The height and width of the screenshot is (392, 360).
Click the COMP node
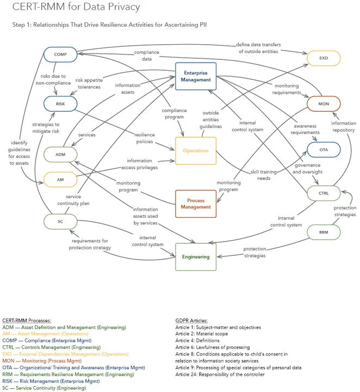(x=60, y=54)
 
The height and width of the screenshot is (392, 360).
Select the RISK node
(x=60, y=104)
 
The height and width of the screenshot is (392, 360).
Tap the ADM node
(x=60, y=155)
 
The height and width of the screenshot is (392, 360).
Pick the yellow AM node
(x=60, y=179)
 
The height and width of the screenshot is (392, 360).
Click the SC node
(x=60, y=221)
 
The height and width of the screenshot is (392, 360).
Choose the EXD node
(x=324, y=58)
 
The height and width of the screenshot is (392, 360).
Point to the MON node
(x=324, y=103)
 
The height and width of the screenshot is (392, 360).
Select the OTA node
(x=324, y=150)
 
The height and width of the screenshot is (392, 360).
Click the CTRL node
(x=324, y=193)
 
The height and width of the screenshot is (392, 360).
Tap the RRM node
(x=324, y=232)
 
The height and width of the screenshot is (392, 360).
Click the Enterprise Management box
(x=196, y=76)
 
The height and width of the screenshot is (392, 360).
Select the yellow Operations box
(x=196, y=151)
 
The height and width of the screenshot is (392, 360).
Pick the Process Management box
(x=196, y=204)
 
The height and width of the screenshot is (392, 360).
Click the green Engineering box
(x=196, y=256)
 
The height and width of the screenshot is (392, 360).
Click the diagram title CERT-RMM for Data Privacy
(x=76, y=7)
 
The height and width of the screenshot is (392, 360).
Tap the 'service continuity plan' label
(x=77, y=200)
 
